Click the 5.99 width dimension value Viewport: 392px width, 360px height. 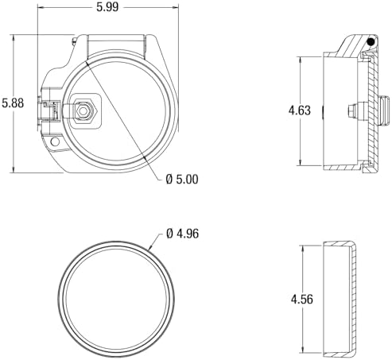pyautogui.click(x=107, y=6)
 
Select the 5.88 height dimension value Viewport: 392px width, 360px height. pyautogui.click(x=13, y=103)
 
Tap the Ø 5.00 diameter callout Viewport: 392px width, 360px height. pyautogui.click(x=182, y=180)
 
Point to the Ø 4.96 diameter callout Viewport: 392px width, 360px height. pyautogui.click(x=183, y=234)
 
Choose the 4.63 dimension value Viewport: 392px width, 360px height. pyautogui.click(x=300, y=110)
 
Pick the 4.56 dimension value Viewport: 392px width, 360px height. pyautogui.click(x=302, y=300)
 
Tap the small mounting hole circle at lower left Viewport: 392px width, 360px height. pyautogui.click(x=55, y=141)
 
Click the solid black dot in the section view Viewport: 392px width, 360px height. pyautogui.click(x=371, y=41)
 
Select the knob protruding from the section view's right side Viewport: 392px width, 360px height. pyautogui.click(x=385, y=110)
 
